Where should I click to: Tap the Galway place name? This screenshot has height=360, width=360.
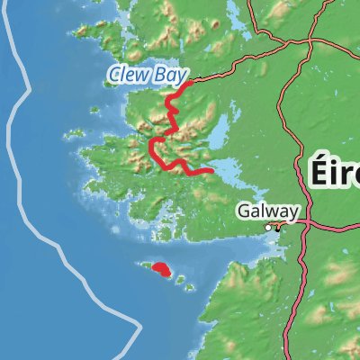pyautogui.click(x=267, y=211)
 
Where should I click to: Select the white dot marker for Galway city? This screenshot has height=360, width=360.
pyautogui.click(x=267, y=229)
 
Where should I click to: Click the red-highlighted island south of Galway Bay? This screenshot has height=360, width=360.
pyautogui.click(x=161, y=268)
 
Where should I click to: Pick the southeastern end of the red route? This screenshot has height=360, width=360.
pyautogui.click(x=211, y=170)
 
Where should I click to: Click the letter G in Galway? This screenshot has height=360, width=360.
pyautogui.click(x=244, y=211)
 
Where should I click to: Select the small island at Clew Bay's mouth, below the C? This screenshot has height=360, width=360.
pyautogui.click(x=113, y=86)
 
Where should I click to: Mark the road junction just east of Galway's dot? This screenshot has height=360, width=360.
pyautogui.click(x=279, y=227)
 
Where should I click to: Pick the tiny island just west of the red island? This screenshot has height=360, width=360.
pyautogui.click(x=142, y=265)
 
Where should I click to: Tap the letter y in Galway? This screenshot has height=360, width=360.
pyautogui.click(x=292, y=212)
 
